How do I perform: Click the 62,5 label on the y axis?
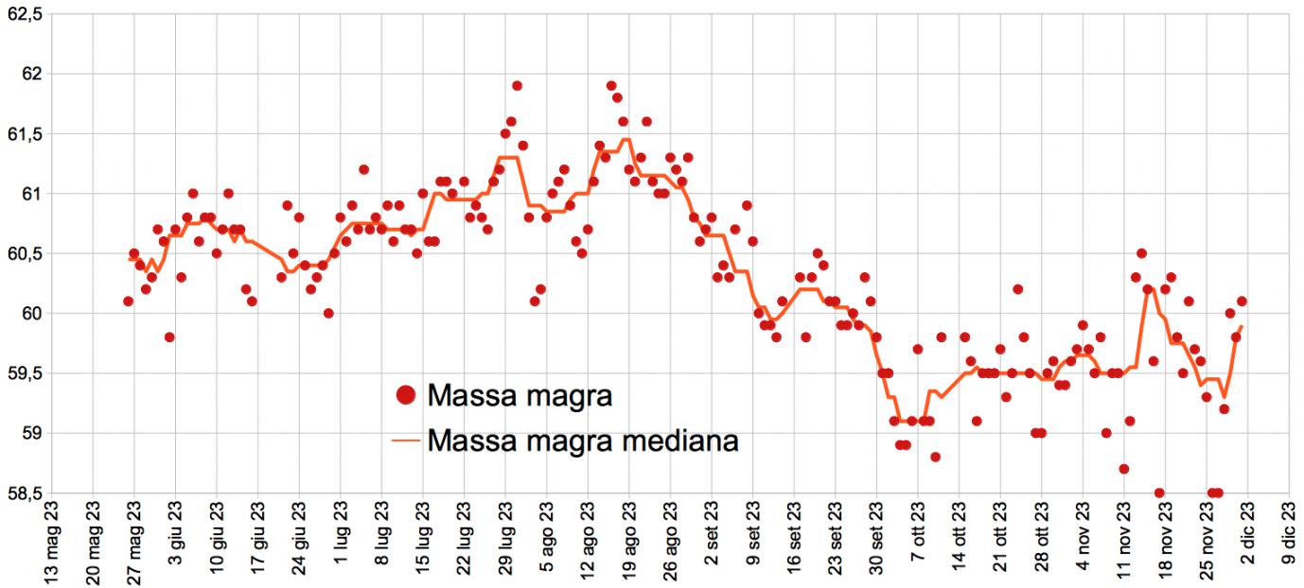click(x=26, y=13)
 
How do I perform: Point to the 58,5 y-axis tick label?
click(x=26, y=493)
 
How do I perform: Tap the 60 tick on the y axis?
click(x=35, y=313)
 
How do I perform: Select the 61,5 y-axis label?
click(x=26, y=133)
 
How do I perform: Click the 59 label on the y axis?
click(x=35, y=433)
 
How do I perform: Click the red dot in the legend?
click(x=406, y=395)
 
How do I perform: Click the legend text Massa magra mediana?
click(x=582, y=440)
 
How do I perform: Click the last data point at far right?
click(x=1242, y=302)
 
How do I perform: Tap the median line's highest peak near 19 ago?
click(x=626, y=140)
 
